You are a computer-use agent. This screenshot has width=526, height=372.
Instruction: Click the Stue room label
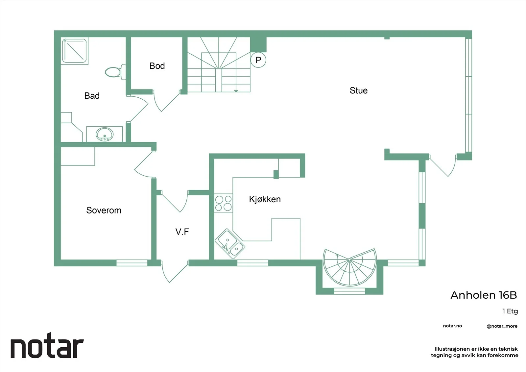point(358,90)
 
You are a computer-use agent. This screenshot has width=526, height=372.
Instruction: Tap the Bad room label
point(92,96)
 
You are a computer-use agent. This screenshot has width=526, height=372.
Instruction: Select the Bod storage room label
point(157,66)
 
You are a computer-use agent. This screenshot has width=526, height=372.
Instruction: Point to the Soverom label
point(104,210)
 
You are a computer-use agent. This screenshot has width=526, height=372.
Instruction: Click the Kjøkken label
point(265,199)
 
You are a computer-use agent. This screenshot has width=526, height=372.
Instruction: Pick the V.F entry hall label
point(182,232)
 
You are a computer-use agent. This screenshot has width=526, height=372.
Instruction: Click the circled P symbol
point(258,60)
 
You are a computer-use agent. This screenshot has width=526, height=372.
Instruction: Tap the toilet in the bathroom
point(115,72)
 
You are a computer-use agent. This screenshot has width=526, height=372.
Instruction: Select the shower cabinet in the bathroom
point(74,51)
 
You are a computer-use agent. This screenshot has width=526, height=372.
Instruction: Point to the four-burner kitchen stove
point(223,203)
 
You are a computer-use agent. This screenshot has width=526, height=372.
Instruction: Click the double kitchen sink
point(230,244)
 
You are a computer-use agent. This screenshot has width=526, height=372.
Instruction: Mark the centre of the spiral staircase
point(349,260)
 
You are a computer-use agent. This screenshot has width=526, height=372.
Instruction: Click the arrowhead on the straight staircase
point(236,91)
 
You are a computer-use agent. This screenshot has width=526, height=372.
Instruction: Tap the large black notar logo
point(47,345)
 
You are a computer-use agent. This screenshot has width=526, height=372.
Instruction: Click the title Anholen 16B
point(484,295)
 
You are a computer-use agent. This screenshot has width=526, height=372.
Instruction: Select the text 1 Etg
point(510,311)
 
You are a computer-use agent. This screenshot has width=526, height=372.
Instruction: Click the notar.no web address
point(452,326)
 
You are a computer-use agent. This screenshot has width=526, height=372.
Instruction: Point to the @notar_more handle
point(502,326)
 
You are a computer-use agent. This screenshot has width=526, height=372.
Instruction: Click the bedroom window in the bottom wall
point(132,263)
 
